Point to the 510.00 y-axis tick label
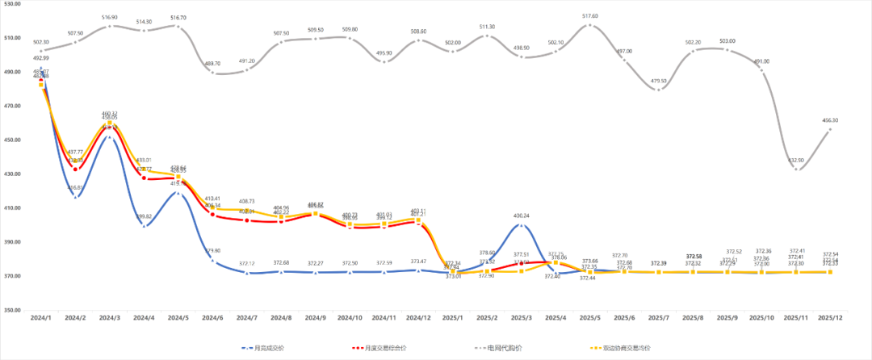point(12,38)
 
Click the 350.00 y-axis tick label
point(12,310)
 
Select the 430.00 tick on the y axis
point(12,174)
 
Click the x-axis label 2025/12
point(830,320)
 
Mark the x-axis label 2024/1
point(41,320)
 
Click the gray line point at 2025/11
point(796,170)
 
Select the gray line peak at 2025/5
point(590,25)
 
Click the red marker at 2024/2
point(76,169)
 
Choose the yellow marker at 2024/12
point(417,220)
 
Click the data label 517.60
point(590,15)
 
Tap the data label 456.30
point(830,120)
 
